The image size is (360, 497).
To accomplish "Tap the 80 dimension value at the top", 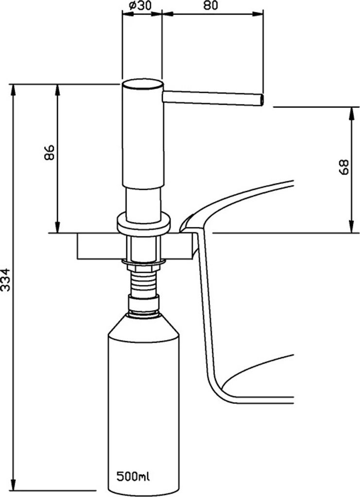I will pyautogui.click(x=210, y=6).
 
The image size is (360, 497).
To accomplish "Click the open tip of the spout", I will pyautogui.click(x=262, y=100).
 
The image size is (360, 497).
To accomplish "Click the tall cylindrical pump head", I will pyautogui.click(x=141, y=133).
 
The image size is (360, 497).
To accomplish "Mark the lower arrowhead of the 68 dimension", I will pyautogui.click(x=351, y=229).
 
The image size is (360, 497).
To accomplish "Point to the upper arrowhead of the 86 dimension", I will pyautogui.click(x=58, y=88).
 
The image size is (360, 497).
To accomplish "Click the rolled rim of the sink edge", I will pyautogui.click(x=187, y=223).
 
